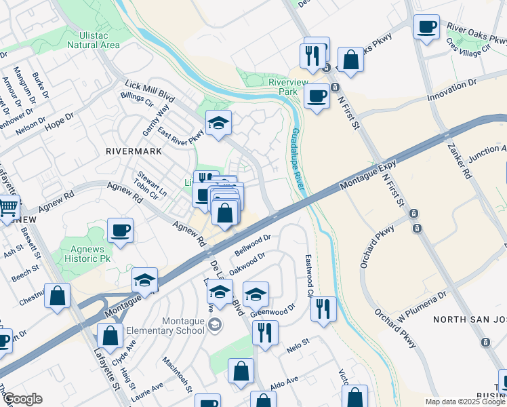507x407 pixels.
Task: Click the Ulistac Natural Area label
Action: point(94,39)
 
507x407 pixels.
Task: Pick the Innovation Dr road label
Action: point(462,91)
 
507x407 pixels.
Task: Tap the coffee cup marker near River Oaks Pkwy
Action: point(426,27)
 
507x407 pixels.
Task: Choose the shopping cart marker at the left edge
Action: point(8,206)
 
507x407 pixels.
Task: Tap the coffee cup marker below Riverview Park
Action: point(317,96)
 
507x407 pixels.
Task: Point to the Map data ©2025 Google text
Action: point(466,402)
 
